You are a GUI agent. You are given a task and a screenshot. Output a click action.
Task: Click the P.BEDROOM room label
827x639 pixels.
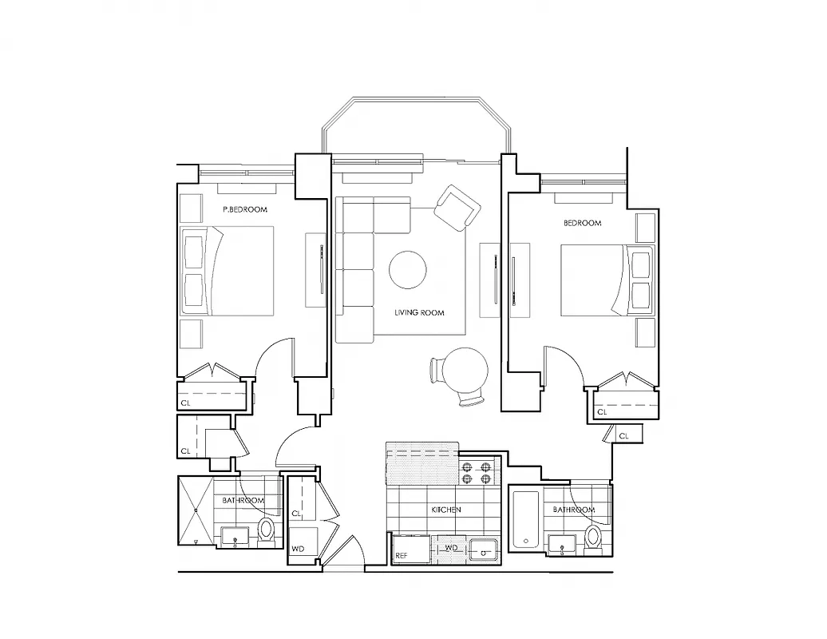coord(245,209)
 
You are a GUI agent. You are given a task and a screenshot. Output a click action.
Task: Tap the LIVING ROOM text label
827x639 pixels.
coord(419,312)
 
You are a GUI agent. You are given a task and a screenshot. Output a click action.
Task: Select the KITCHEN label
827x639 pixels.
coord(446,509)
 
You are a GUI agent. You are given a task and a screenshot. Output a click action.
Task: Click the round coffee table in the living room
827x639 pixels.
coord(408,270)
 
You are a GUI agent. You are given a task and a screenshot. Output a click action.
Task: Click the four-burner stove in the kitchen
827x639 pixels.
coord(476,473)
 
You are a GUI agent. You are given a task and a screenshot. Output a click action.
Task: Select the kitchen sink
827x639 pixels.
coord(482,549)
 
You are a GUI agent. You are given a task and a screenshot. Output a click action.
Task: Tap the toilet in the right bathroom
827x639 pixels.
coord(593,538)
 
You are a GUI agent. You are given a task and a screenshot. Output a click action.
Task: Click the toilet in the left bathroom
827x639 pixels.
coord(267,531)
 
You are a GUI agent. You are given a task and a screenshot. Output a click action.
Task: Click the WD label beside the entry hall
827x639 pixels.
coord(296,549)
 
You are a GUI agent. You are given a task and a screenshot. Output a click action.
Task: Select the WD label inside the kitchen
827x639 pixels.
coord(450,548)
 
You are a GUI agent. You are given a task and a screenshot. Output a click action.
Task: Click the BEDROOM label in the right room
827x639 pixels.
coord(582,223)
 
